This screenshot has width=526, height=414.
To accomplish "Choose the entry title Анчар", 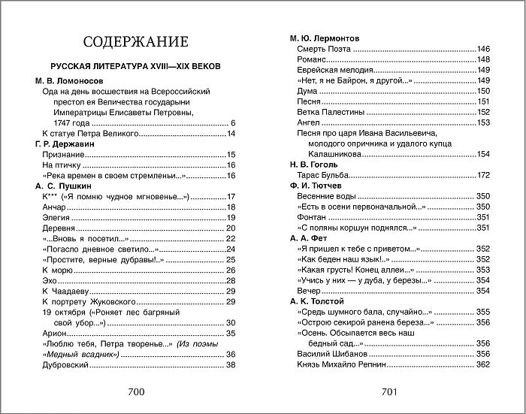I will tap(57, 207).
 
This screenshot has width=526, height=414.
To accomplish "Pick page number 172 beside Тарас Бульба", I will tap(482, 175).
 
